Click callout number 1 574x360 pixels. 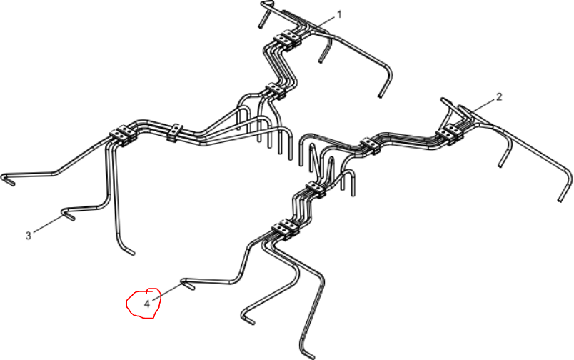click(x=339, y=15)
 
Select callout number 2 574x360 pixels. click(x=499, y=97)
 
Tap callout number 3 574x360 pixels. click(x=28, y=236)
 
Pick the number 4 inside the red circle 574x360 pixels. click(x=147, y=304)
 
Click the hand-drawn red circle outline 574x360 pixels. click(x=126, y=304)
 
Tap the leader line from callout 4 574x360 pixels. click(x=167, y=292)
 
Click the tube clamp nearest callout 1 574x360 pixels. click(x=288, y=39)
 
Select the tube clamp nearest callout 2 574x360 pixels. click(x=450, y=132)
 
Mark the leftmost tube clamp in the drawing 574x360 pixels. click(x=123, y=135)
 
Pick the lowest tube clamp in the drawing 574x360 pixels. click(x=286, y=229)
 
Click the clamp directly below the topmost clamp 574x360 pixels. click(x=276, y=91)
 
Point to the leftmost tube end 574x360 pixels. click(x=8, y=180)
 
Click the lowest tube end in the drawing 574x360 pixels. click(x=308, y=355)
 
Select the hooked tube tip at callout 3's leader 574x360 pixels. click(x=68, y=214)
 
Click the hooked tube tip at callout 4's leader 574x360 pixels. click(x=188, y=285)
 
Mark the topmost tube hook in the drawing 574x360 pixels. click(x=267, y=4)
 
